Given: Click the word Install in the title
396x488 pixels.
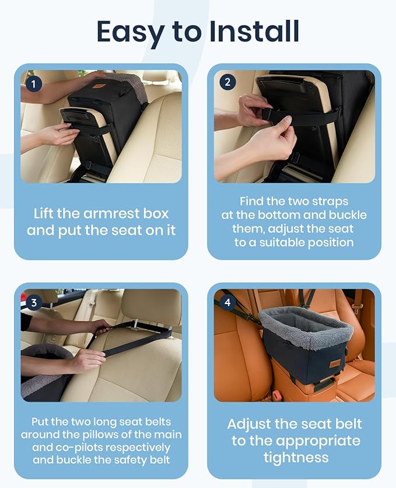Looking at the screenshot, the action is click(254, 31).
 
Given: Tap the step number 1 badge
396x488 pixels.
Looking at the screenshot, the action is click(34, 83).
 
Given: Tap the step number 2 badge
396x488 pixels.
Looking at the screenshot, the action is click(227, 82).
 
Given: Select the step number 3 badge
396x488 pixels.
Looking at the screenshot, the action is click(34, 302).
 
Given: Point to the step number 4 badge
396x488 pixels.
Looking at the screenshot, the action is click(227, 302).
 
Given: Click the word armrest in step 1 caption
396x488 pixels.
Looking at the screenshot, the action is click(111, 214).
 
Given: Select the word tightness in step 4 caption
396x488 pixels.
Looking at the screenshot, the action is click(296, 458).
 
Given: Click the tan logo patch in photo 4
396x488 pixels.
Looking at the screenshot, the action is click(335, 364).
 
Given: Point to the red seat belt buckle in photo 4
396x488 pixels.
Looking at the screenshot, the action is click(276, 396).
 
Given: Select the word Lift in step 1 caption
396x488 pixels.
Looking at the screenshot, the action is click(44, 214).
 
